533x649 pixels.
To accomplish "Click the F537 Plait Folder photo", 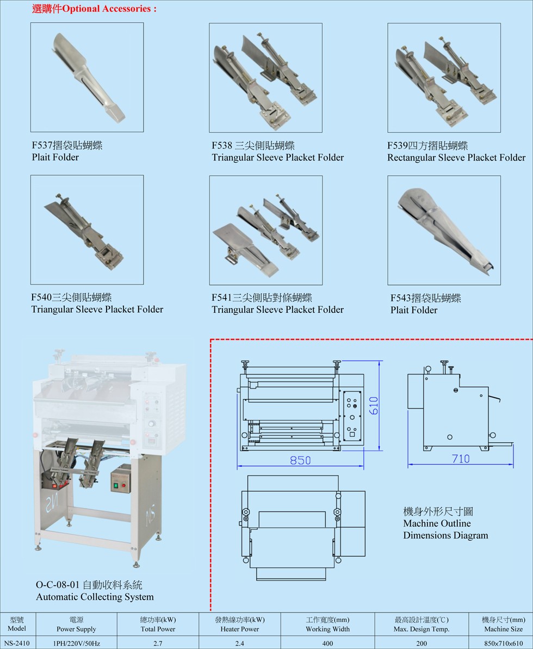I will [87, 77].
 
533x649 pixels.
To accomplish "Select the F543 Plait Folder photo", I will [444, 230].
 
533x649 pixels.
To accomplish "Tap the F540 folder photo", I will [87, 230].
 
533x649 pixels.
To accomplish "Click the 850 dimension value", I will [300, 460].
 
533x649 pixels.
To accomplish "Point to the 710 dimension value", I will [461, 459].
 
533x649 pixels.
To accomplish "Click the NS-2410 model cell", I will [17, 642].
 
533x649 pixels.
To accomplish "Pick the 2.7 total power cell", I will [158, 642].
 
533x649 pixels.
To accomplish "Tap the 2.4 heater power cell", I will [239, 642].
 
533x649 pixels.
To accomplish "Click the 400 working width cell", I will [327, 642].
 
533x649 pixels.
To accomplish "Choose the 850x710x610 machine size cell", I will [503, 642].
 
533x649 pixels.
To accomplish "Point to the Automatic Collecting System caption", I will [95, 597].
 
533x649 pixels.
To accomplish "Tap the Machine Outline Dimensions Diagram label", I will [445, 529].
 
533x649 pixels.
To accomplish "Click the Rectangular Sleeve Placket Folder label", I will [456, 158].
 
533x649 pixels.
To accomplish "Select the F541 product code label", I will [221, 298].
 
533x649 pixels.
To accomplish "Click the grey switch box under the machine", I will [122, 479].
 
